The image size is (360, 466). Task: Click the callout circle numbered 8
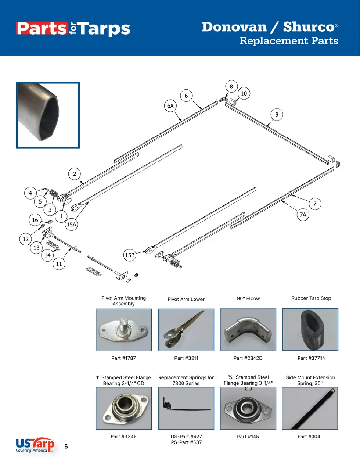click(231, 87)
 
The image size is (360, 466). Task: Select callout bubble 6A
click(170, 106)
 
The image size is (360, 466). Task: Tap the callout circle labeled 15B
click(130, 255)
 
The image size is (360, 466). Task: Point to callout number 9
click(277, 114)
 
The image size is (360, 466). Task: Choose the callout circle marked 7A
click(303, 215)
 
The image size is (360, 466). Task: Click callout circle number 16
click(35, 220)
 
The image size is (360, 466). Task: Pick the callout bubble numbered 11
click(59, 264)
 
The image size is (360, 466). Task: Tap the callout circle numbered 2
click(75, 174)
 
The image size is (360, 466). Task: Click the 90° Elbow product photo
click(248, 330)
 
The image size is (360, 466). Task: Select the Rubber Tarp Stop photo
click(310, 330)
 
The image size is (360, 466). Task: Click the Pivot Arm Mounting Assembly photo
click(124, 330)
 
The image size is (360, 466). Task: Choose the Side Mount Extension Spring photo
click(310, 408)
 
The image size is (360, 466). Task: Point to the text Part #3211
click(186, 358)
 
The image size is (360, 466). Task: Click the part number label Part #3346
click(123, 437)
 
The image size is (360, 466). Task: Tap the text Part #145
click(248, 437)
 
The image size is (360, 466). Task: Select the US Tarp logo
click(35, 445)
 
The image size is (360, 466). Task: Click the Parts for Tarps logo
click(73, 29)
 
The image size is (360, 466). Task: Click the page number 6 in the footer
click(66, 447)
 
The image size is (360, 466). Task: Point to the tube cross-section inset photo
click(48, 115)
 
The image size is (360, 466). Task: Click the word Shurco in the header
click(309, 27)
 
